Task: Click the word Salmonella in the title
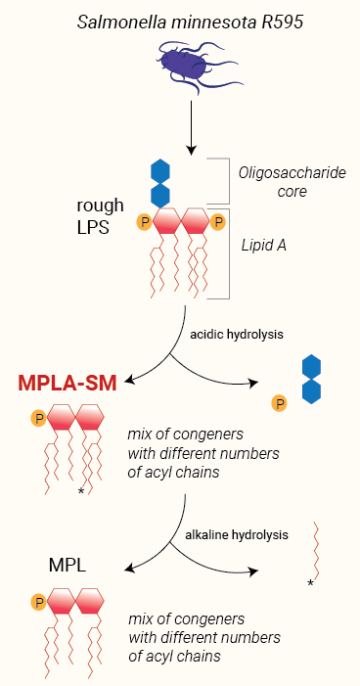115,19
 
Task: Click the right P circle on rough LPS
218,223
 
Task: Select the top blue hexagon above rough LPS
160,171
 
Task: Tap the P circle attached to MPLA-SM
39,420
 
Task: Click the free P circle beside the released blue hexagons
279,401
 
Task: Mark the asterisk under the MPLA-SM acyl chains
81,489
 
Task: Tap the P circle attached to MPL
39,601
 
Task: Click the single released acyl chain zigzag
314,550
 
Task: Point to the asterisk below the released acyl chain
310,584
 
